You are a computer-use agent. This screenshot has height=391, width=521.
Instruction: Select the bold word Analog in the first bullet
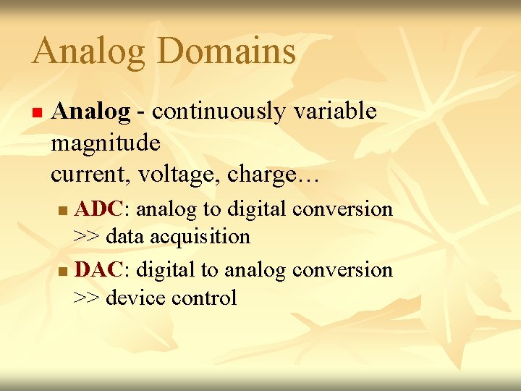(x=90, y=112)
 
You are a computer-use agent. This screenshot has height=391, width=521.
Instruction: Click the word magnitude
(x=106, y=143)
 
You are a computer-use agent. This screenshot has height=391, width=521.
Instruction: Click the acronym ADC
(x=99, y=209)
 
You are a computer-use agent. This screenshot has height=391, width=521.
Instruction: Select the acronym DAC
(x=99, y=270)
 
